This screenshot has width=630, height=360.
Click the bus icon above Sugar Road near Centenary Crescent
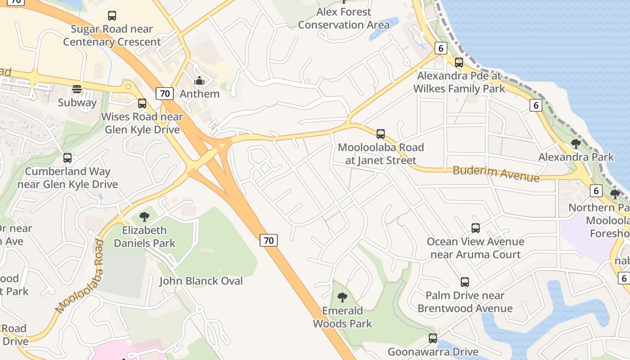(x=112, y=16)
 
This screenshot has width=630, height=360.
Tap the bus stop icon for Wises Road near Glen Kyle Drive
(x=142, y=103)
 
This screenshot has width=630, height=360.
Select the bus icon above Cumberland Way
(x=67, y=158)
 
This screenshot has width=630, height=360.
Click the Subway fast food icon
(x=77, y=89)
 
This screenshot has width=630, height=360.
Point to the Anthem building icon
(x=199, y=81)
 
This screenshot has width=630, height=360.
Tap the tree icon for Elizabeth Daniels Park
(x=144, y=217)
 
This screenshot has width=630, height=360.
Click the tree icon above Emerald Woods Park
(x=342, y=297)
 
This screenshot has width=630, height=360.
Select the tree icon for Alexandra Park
(x=576, y=144)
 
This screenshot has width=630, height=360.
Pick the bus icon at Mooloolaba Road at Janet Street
(x=381, y=134)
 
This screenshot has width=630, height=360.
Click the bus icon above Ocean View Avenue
(x=476, y=228)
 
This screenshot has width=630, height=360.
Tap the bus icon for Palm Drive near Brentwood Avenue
(x=465, y=282)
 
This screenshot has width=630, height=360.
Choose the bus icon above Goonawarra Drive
(x=433, y=338)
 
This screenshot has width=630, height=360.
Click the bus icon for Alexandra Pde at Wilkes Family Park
(x=459, y=63)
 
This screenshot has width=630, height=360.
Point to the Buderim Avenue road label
(x=496, y=173)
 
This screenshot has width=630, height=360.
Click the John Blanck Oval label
(x=201, y=281)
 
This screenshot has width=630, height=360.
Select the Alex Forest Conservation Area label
(x=344, y=18)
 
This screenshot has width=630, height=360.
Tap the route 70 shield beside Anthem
(x=165, y=94)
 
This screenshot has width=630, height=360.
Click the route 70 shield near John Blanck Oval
(x=269, y=240)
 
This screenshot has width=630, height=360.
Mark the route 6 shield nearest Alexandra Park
(x=535, y=105)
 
